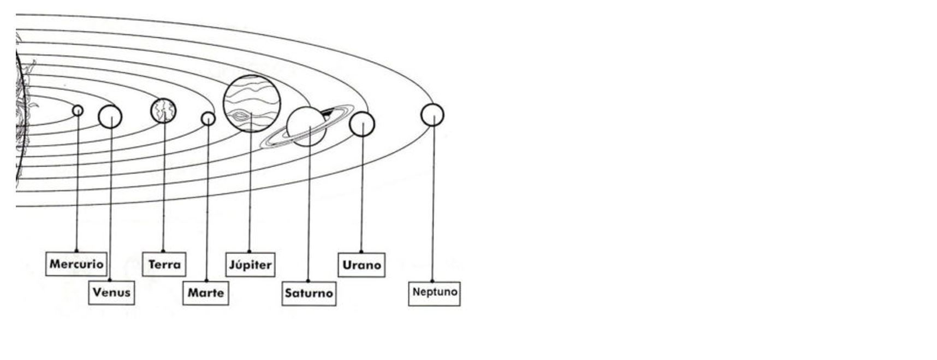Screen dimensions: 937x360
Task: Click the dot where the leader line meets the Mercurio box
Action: [x=76, y=251]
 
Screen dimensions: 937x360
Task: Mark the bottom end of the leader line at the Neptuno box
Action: [x=432, y=281]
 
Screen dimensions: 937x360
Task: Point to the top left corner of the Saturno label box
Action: [x=282, y=282]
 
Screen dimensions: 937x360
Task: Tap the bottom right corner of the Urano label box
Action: [x=385, y=277]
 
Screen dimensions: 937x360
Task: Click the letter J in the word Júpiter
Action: [x=232, y=265]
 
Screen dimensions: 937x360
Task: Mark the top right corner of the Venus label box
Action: [x=134, y=281]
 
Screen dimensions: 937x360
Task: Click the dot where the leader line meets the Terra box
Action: [x=163, y=252]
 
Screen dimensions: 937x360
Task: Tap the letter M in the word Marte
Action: [x=193, y=293]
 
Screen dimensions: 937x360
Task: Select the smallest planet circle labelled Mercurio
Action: [x=78, y=110]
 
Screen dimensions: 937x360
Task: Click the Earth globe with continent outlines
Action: [x=163, y=111]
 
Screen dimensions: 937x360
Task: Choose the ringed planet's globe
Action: [x=306, y=127]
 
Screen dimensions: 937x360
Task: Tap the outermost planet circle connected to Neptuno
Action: [x=432, y=115]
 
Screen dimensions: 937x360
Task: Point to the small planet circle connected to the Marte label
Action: [x=208, y=119]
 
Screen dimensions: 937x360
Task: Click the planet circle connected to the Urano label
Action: [x=362, y=124]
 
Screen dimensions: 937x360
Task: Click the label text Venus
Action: [x=111, y=292]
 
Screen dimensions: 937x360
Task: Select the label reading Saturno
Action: [x=309, y=293]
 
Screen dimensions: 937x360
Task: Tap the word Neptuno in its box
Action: [x=435, y=292]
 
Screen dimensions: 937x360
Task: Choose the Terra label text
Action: [x=164, y=264]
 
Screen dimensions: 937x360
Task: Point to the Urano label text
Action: [x=361, y=265]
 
